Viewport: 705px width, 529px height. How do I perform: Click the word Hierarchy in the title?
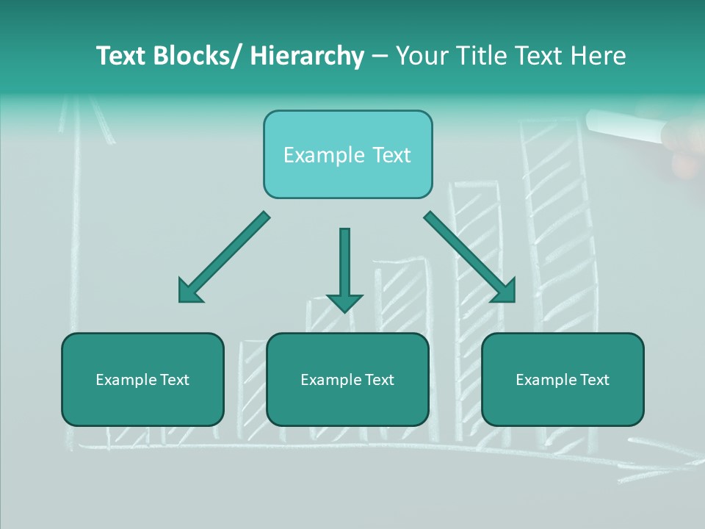(307, 57)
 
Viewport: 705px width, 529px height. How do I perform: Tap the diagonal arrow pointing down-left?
(223, 258)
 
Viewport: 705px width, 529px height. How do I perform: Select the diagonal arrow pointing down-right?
(470, 257)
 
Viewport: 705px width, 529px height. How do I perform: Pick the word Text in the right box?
(594, 380)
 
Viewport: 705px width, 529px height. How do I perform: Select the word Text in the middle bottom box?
(379, 380)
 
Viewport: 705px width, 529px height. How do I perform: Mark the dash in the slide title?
(380, 57)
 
